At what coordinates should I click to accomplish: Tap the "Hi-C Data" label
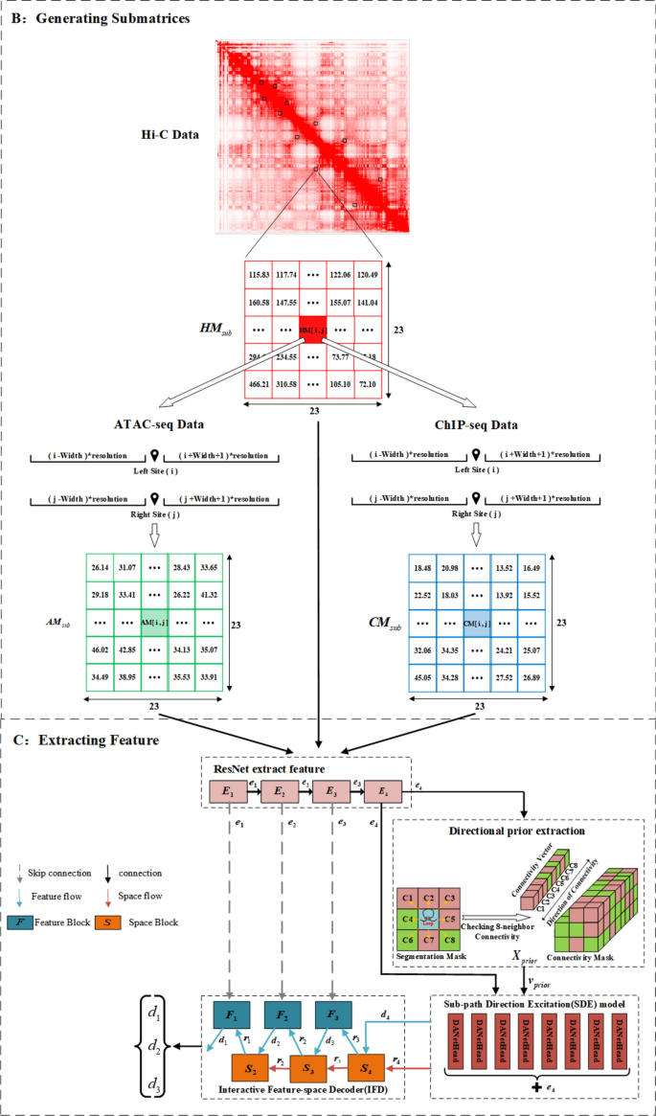168,134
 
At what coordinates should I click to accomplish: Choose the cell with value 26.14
100,567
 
